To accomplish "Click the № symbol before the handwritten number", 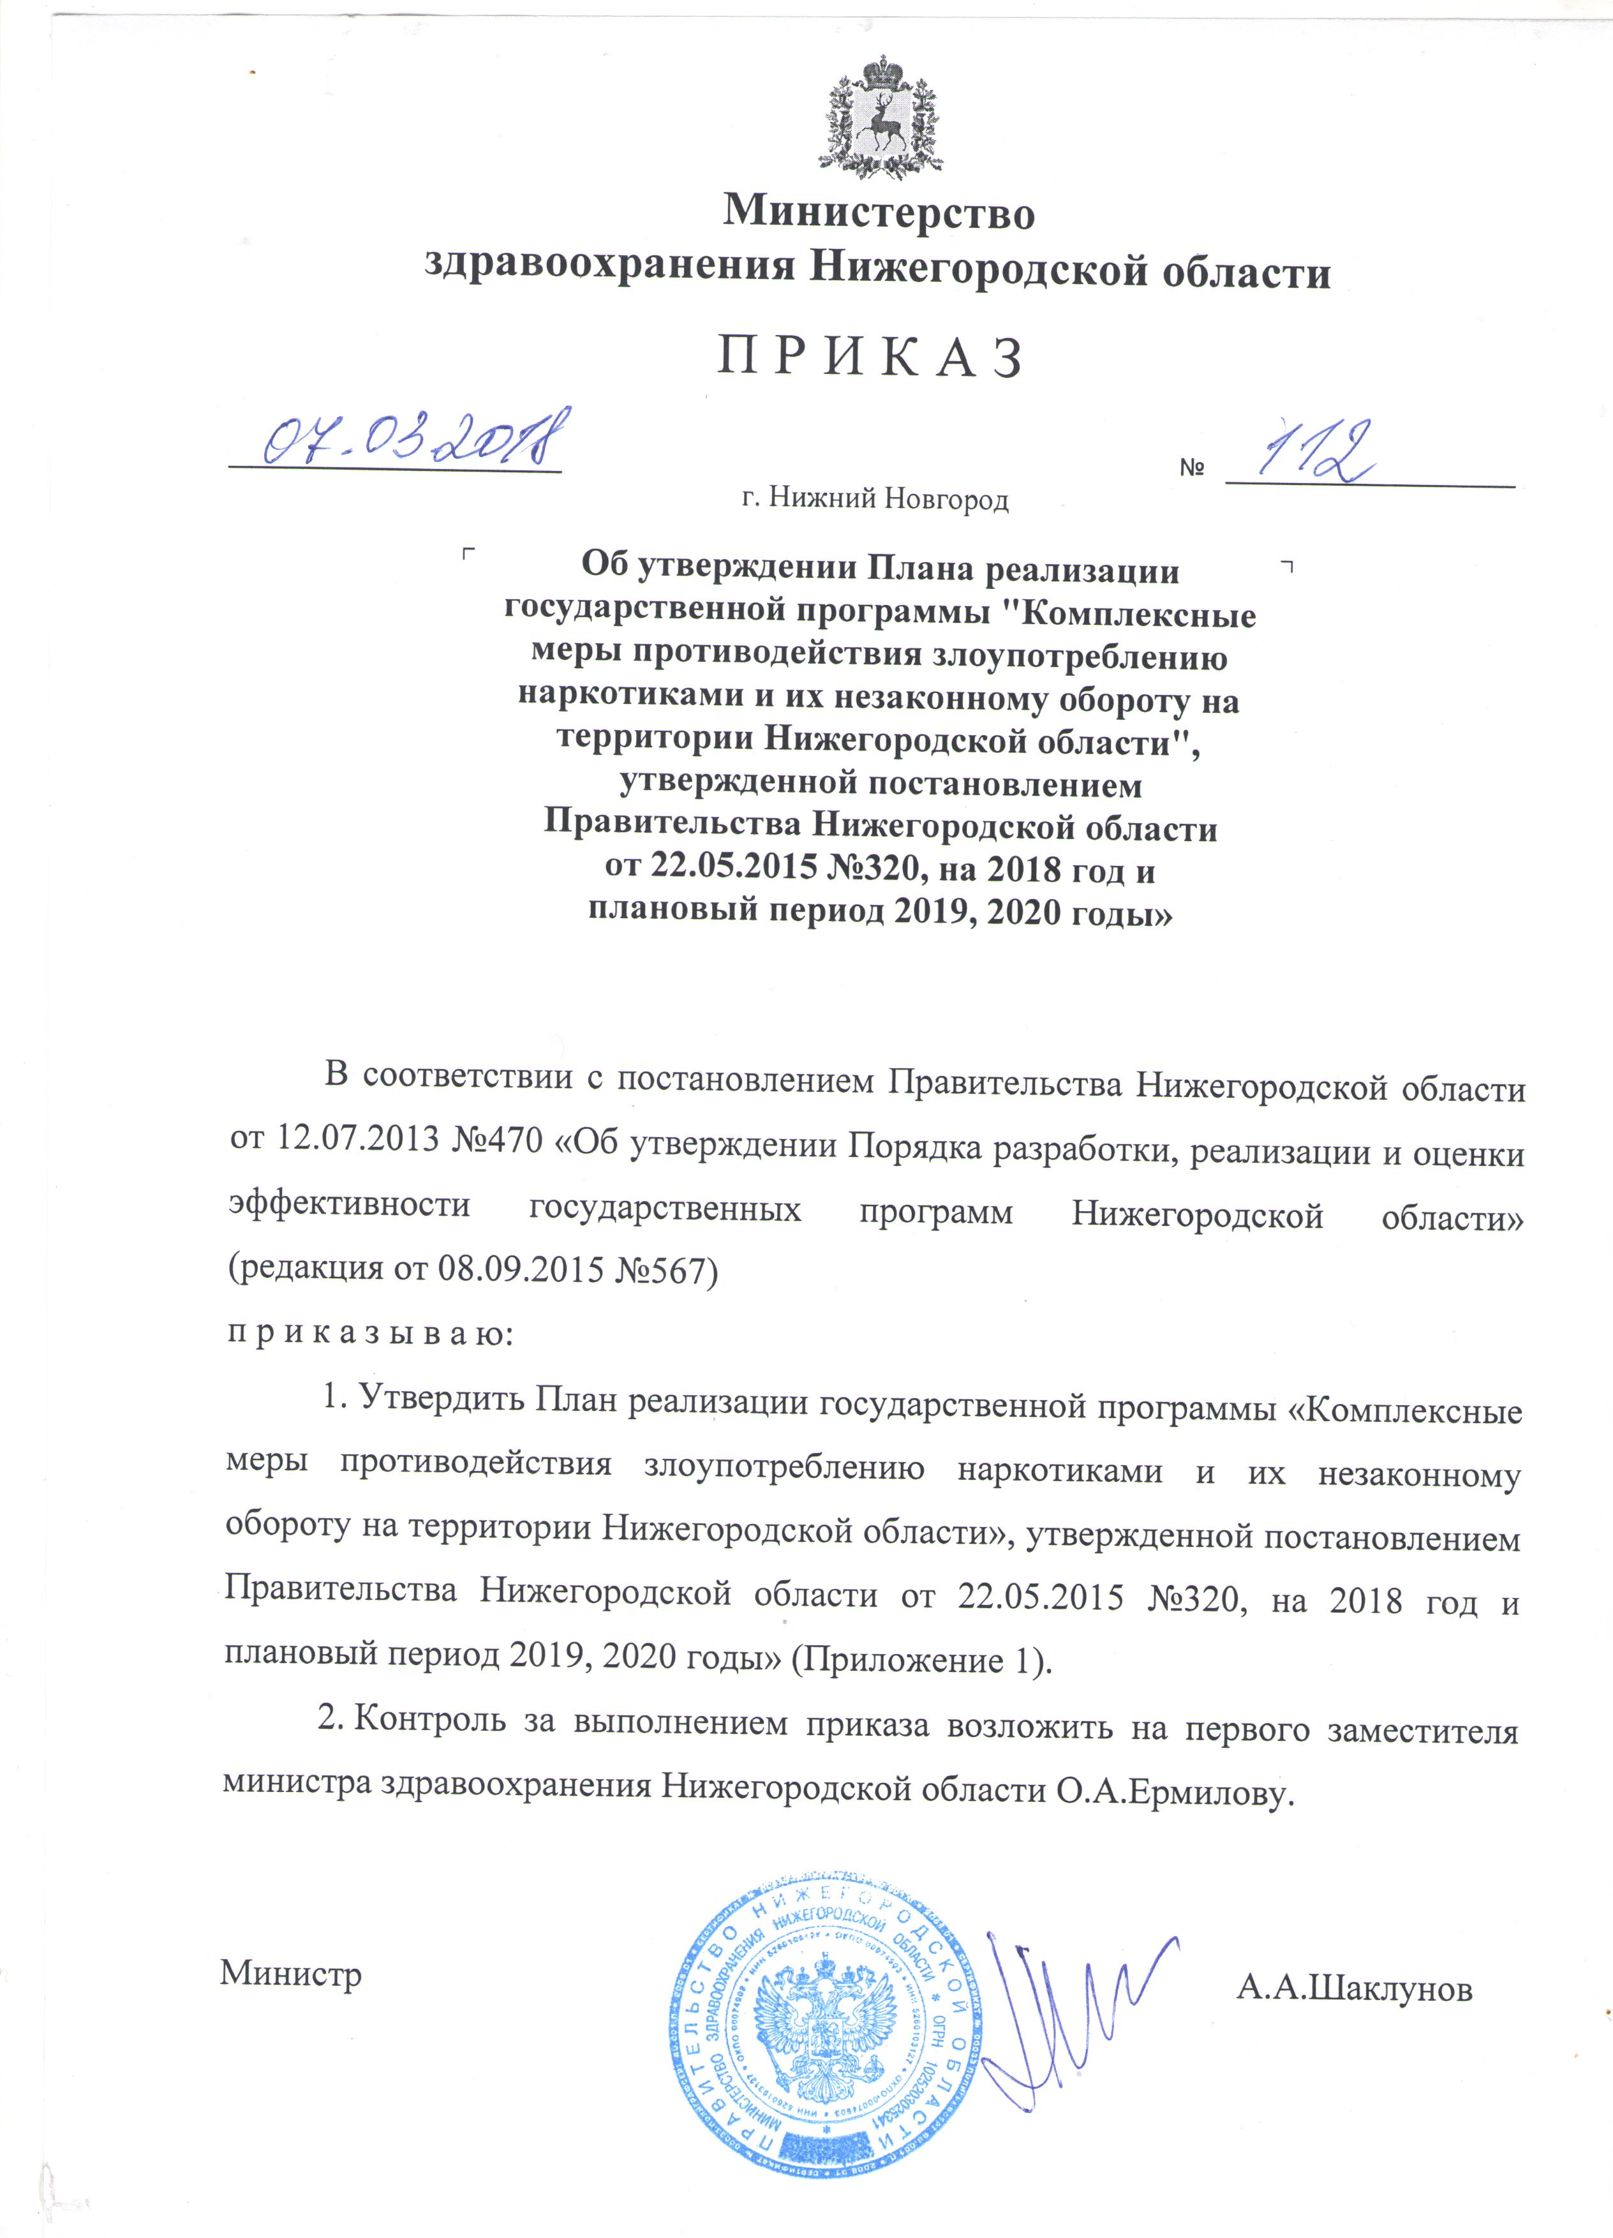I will coord(1192,468).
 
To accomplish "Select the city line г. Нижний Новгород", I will coord(875,500).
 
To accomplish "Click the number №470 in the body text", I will coord(496,1141).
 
